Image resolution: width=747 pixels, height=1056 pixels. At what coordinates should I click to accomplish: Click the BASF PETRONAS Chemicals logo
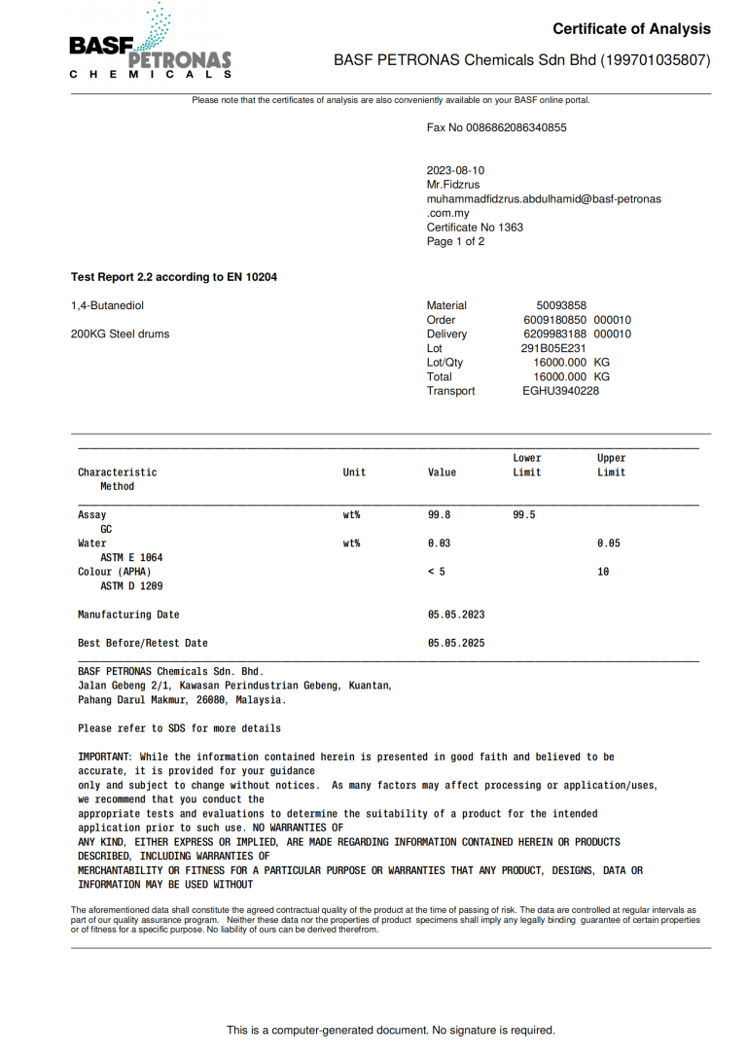click(x=150, y=44)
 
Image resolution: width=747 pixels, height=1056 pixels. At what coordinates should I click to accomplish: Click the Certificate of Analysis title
click(x=631, y=29)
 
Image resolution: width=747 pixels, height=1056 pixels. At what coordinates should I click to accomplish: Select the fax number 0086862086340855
click(x=518, y=127)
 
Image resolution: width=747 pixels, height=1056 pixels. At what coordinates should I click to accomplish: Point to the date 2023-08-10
click(x=455, y=170)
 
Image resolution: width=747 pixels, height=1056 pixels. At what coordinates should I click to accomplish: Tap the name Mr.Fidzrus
click(x=453, y=185)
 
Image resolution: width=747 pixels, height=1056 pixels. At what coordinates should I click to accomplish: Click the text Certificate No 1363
click(x=475, y=228)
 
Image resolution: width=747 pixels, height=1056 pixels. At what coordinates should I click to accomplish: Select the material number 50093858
click(x=561, y=305)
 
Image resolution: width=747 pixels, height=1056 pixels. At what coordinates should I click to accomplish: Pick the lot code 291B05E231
click(x=553, y=348)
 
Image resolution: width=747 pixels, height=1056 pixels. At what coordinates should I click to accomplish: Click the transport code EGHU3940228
click(x=560, y=391)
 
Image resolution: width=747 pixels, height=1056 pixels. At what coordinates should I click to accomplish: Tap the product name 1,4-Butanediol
click(x=107, y=305)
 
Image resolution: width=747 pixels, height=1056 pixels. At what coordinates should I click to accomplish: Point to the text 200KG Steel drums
click(x=120, y=334)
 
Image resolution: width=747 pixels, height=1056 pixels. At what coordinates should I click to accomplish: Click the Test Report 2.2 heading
click(x=174, y=277)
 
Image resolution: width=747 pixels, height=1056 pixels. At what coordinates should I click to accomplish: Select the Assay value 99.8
click(x=440, y=515)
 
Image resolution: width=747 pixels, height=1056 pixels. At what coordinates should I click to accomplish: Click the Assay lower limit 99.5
click(x=524, y=515)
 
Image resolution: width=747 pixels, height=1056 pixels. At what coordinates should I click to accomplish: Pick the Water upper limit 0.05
click(x=609, y=544)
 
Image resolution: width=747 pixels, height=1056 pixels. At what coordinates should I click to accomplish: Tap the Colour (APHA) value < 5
click(x=437, y=572)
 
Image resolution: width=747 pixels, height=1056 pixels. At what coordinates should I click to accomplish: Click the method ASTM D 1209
click(x=131, y=586)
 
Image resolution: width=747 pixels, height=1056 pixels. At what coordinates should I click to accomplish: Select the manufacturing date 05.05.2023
click(x=456, y=615)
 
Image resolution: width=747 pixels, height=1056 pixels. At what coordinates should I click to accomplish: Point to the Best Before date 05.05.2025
click(x=456, y=643)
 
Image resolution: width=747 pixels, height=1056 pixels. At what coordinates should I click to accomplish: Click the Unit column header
click(x=354, y=473)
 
